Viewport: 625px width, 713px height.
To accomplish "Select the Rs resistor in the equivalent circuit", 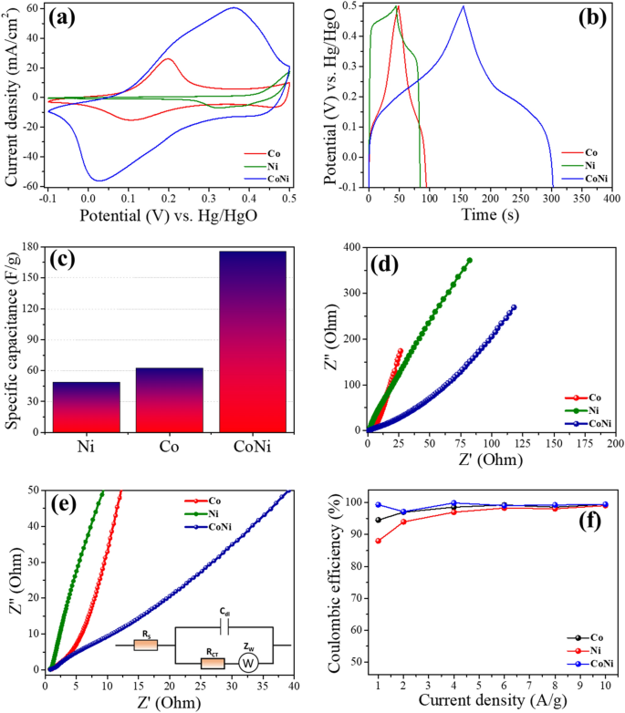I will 144,645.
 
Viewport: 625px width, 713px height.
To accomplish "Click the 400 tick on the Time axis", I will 609,198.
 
